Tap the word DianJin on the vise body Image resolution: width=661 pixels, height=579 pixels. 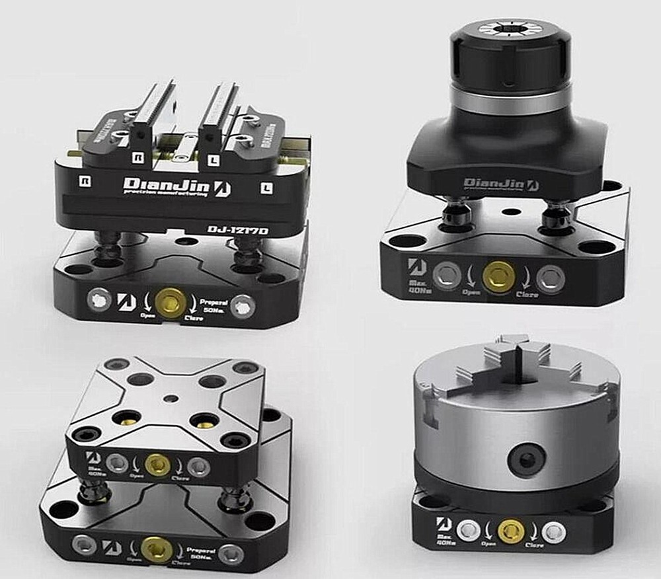166,186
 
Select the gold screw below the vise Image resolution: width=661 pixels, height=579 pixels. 170,301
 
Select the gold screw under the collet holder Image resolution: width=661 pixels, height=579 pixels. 496,277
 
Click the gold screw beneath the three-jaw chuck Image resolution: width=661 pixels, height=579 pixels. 510,529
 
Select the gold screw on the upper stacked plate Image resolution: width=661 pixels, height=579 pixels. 158,465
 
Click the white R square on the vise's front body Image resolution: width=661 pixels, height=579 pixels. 85,179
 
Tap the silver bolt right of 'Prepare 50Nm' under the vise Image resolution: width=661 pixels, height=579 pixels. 242,304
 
